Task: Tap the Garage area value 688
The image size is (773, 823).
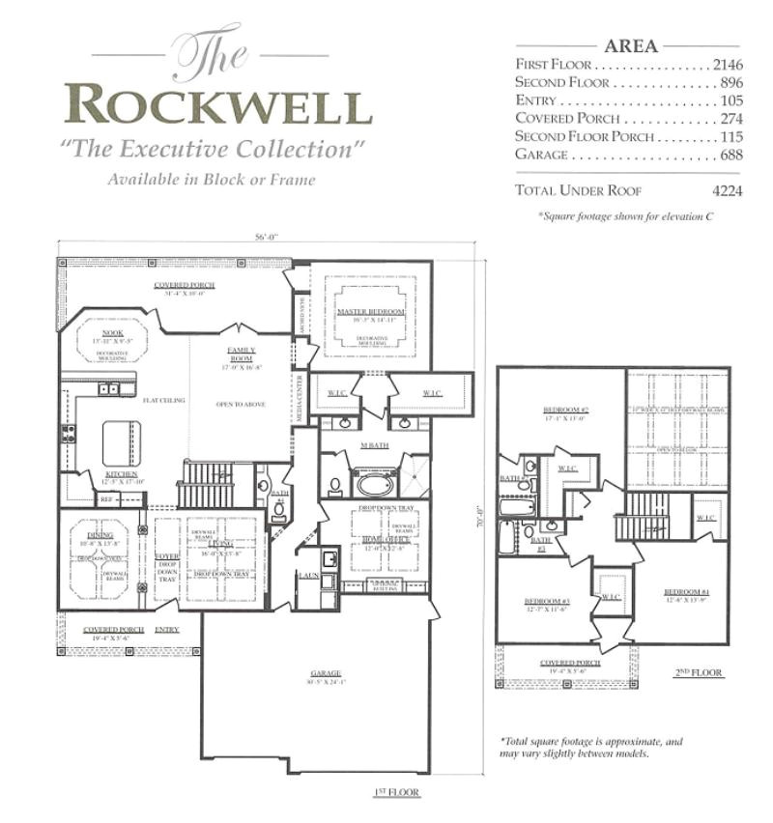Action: pyautogui.click(x=730, y=155)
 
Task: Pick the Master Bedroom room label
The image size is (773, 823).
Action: pyautogui.click(x=370, y=311)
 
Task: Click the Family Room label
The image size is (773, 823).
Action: pyautogui.click(x=241, y=353)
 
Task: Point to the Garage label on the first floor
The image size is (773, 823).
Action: pyautogui.click(x=326, y=673)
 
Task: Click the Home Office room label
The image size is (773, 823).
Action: pyautogui.click(x=386, y=539)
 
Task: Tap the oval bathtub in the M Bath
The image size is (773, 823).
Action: pyautogui.click(x=374, y=482)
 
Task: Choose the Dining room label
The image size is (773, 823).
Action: pyautogui.click(x=100, y=534)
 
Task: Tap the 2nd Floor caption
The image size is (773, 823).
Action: pyautogui.click(x=701, y=672)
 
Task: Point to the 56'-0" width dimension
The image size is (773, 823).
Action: pyautogui.click(x=269, y=237)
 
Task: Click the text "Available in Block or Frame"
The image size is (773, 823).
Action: pyautogui.click(x=212, y=179)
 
